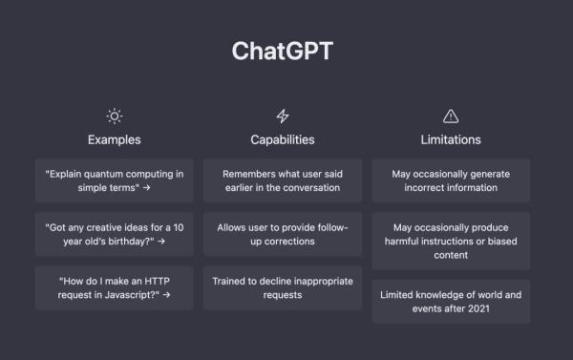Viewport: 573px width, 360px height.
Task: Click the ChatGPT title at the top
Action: tap(283, 51)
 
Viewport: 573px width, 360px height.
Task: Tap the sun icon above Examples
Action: tap(115, 116)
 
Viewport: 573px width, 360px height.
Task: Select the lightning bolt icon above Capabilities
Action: tap(283, 116)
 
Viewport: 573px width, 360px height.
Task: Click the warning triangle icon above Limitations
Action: tap(451, 116)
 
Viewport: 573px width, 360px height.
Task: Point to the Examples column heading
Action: tap(115, 139)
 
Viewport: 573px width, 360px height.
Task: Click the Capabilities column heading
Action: tap(283, 139)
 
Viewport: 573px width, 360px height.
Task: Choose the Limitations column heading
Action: tap(451, 139)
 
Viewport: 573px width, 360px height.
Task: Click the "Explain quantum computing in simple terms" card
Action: tap(115, 180)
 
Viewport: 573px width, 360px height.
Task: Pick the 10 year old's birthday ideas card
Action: tap(115, 234)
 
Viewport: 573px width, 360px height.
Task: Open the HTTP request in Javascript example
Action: tap(115, 287)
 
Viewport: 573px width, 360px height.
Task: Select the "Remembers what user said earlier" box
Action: tap(283, 180)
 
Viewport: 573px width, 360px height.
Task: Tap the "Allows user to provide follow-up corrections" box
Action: tap(283, 234)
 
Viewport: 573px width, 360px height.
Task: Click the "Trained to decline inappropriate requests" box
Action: tap(283, 287)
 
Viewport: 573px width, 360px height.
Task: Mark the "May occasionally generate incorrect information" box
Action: tap(451, 180)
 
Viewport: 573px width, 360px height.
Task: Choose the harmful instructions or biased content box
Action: tap(451, 242)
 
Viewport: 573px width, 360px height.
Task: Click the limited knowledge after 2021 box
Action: tap(451, 302)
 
